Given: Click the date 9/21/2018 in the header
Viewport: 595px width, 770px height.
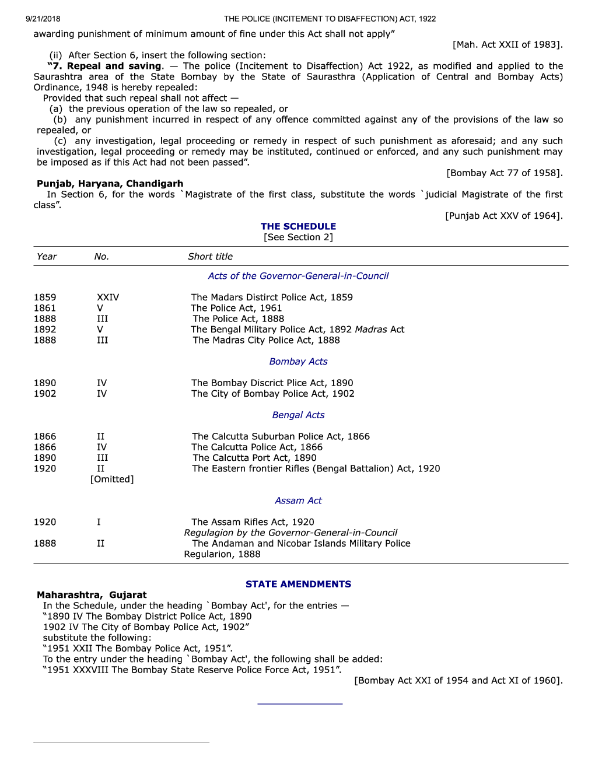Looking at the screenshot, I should point(43,19).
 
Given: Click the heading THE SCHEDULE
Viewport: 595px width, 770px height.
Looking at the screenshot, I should point(298,226).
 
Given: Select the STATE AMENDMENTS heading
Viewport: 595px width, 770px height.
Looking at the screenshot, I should point(298,584).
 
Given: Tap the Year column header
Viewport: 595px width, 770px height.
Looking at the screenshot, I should point(47,257).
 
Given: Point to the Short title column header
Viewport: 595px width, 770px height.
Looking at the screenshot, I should point(210,257).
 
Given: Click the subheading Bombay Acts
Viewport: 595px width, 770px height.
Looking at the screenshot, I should point(298,362).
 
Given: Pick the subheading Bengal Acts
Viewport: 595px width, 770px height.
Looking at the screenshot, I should point(298,415).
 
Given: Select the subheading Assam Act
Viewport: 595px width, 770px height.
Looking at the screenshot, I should point(298,501).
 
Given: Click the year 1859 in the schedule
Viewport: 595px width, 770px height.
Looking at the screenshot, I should point(45,297).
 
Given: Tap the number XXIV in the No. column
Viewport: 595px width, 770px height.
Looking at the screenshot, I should point(108,297).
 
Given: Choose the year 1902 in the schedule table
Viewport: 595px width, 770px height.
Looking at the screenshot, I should point(45,394).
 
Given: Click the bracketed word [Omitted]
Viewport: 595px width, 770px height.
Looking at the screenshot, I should point(112,480).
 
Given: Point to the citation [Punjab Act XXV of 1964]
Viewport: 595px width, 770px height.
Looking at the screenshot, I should point(504,216).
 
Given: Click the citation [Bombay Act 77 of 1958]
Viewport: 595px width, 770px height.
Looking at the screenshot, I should point(505,173).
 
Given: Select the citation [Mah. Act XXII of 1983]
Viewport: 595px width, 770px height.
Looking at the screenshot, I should point(508,45).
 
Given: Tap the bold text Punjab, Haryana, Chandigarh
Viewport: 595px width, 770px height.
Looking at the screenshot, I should point(110,184).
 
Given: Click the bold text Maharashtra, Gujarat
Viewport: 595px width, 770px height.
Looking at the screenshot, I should point(92,595).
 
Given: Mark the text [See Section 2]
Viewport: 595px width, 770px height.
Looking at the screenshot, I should point(298,237).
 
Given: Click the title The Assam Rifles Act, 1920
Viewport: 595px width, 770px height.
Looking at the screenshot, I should point(253,522).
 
